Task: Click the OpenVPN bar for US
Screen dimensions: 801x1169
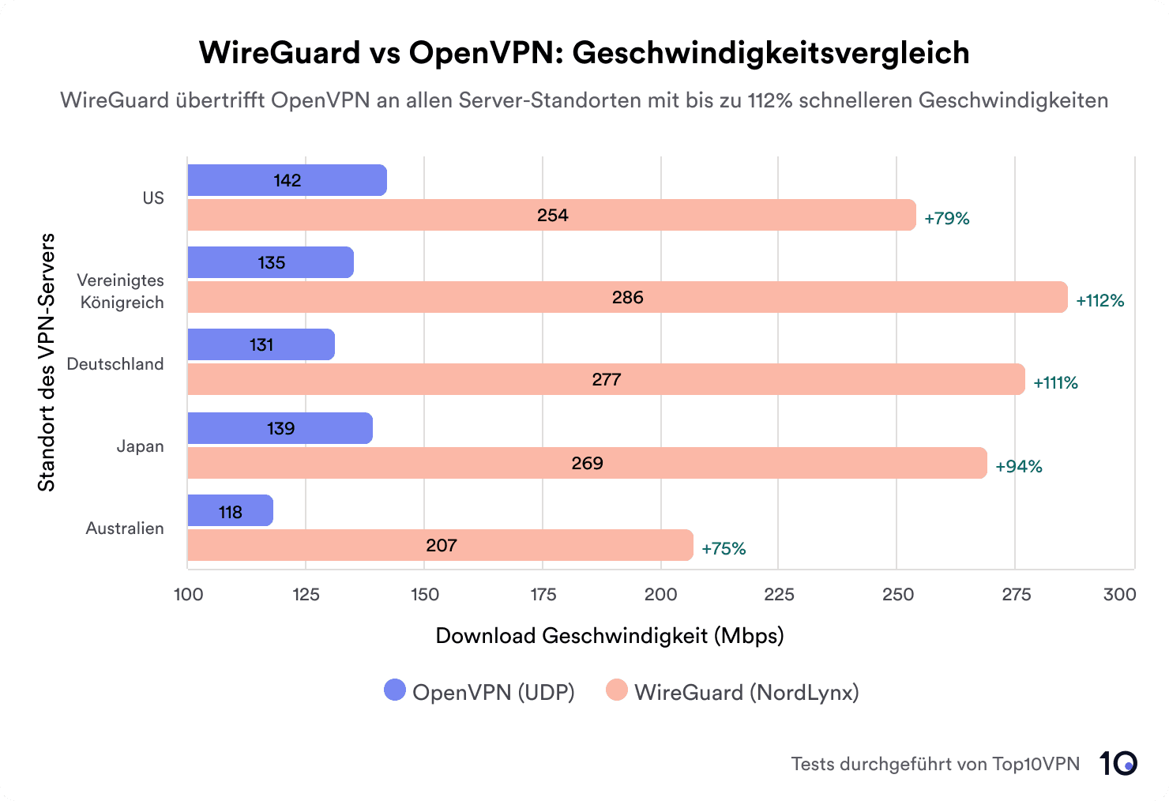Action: pyautogui.click(x=287, y=180)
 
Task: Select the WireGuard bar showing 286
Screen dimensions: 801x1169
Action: pyautogui.click(x=627, y=297)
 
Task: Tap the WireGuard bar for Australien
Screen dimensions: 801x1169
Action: pyautogui.click(x=440, y=545)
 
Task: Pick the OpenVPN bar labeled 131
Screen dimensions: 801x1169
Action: pyautogui.click(x=261, y=344)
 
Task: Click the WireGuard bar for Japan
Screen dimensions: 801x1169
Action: pyautogui.click(x=587, y=463)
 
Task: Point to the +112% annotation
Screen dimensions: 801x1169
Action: pyautogui.click(x=1099, y=300)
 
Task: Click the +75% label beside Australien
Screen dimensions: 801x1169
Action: pyautogui.click(x=724, y=548)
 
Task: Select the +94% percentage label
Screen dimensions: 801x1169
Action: pyautogui.click(x=1019, y=466)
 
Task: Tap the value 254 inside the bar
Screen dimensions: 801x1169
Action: pyautogui.click(x=552, y=215)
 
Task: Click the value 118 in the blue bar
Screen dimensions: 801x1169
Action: pyautogui.click(x=231, y=512)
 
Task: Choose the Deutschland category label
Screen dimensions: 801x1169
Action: pyautogui.click(x=115, y=364)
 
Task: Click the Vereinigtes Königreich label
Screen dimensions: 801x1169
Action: pyautogui.click(x=121, y=291)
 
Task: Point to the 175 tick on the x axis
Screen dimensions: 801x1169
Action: pyautogui.click(x=543, y=594)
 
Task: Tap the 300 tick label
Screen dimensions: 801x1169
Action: pyautogui.click(x=1119, y=594)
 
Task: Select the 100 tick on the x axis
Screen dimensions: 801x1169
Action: pyautogui.click(x=188, y=594)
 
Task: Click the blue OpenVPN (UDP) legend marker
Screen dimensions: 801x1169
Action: pyautogui.click(x=395, y=690)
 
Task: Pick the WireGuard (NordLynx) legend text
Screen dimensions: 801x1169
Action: pyautogui.click(x=746, y=692)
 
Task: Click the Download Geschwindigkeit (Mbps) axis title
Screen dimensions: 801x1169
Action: pyautogui.click(x=609, y=636)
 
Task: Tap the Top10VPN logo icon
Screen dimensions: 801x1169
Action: pyautogui.click(x=1118, y=763)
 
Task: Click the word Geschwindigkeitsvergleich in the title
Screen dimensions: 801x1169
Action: pyautogui.click(x=771, y=53)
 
